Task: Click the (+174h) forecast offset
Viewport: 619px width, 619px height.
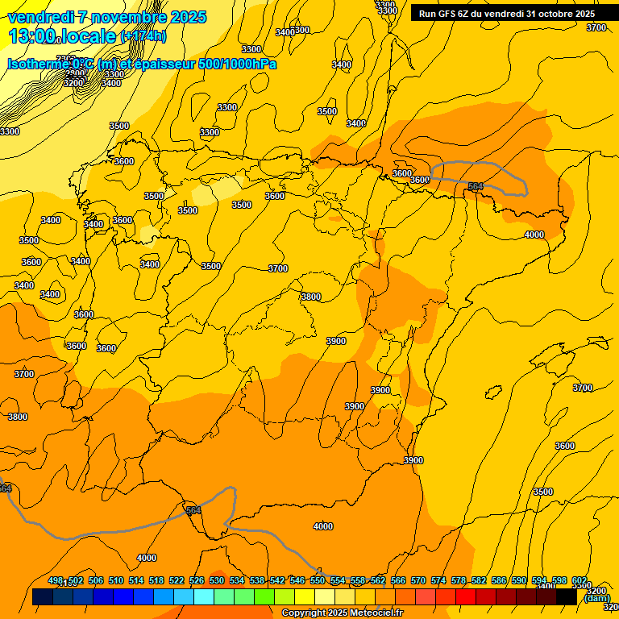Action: [x=143, y=36]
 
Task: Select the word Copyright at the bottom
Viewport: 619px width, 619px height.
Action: [x=303, y=613]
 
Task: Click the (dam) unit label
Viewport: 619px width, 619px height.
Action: [x=596, y=597]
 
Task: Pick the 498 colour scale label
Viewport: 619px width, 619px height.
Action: [x=56, y=580]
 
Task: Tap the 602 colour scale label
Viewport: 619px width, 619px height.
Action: [x=580, y=580]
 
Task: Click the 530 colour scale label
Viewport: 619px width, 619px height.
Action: [x=217, y=580]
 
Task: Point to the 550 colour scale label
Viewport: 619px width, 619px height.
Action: [x=318, y=580]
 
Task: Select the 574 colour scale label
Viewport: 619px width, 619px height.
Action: [x=438, y=580]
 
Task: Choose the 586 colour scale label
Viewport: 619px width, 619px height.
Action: [x=499, y=580]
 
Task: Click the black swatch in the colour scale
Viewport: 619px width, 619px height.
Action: [x=567, y=597]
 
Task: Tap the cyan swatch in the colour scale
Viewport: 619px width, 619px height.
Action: [x=204, y=597]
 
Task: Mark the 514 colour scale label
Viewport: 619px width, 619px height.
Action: [x=136, y=580]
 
